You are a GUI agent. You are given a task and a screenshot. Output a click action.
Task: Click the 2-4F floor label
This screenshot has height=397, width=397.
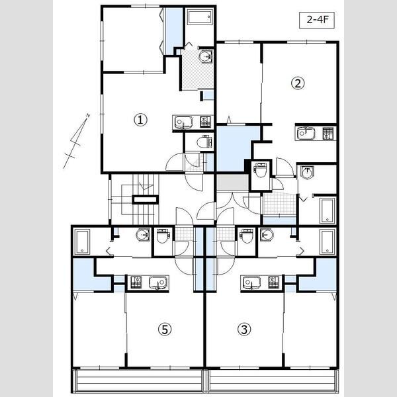click(x=317, y=20)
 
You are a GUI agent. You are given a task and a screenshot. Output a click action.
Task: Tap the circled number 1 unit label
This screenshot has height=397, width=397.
click(x=140, y=120)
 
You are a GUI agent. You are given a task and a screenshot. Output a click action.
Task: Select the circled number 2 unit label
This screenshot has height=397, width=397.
click(x=298, y=83)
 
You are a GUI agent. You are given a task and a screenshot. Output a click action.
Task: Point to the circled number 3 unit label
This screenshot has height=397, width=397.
click(x=244, y=330)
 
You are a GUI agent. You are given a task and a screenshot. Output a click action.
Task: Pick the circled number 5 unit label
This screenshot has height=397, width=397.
click(x=165, y=330)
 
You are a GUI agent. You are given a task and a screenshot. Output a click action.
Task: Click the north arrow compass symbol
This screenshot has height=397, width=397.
click(x=77, y=141)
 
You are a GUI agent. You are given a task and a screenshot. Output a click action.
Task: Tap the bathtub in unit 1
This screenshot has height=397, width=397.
click(x=200, y=17)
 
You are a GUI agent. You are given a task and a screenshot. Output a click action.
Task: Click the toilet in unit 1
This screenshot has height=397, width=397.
click(x=204, y=142)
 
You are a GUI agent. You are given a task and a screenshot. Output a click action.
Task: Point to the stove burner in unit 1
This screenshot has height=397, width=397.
click(x=205, y=122)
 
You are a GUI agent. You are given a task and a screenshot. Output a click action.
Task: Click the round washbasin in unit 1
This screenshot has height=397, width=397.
click(x=205, y=56)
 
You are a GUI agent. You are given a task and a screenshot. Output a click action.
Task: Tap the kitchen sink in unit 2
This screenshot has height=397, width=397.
click(x=306, y=133)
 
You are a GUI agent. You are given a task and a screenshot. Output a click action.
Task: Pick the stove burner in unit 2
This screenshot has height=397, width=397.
click(x=328, y=134)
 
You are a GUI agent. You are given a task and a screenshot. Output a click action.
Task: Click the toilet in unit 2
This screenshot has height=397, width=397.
click(x=260, y=170)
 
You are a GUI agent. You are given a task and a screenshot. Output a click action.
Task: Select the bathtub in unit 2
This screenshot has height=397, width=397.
click(x=327, y=210)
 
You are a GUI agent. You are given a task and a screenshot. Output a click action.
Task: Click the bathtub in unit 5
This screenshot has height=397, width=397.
click(x=82, y=242)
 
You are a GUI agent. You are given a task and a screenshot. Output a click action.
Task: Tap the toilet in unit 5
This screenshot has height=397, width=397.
click(x=162, y=236)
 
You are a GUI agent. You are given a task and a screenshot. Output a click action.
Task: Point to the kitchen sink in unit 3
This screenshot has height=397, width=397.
click(x=251, y=283)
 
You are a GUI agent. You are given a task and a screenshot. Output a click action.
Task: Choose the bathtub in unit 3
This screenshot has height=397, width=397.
click(x=327, y=242)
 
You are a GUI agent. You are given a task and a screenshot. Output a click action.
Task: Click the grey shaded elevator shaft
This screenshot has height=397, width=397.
click(x=233, y=182)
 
